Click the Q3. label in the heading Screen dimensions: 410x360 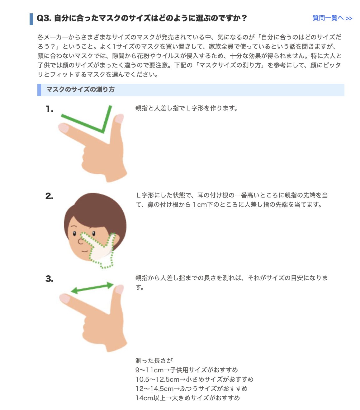44,18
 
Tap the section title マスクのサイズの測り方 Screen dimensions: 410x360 80,90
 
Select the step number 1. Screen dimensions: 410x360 50,109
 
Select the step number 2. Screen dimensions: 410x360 49,196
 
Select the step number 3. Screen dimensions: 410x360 49,279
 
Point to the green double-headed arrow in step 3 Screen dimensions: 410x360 92,288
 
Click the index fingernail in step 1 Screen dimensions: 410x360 64,127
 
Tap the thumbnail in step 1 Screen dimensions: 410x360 119,118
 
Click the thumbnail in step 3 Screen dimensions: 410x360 119,289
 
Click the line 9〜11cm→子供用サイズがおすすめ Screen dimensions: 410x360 187,370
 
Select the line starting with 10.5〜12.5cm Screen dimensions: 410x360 194,380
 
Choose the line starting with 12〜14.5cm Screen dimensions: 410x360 191,389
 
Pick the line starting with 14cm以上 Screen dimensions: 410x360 187,398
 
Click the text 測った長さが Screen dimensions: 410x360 154,361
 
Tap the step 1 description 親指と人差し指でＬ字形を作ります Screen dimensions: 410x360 187,108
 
